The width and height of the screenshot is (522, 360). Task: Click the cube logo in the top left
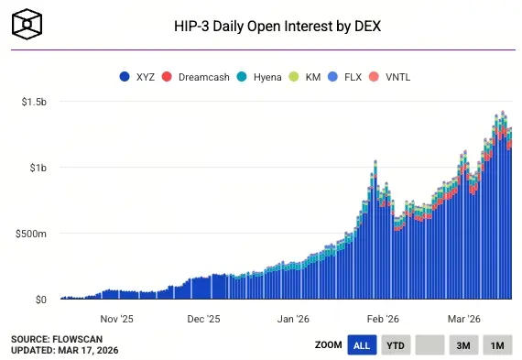tap(29, 23)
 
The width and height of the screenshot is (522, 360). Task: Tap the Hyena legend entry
tap(260, 76)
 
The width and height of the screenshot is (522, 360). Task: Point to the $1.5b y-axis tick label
tap(35, 101)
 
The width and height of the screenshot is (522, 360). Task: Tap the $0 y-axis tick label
tap(40, 300)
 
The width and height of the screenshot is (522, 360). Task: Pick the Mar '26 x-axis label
tap(463, 319)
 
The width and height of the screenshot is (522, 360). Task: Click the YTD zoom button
tap(396, 345)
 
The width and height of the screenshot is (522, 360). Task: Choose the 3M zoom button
tap(463, 345)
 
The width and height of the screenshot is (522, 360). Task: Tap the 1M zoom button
tap(497, 345)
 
